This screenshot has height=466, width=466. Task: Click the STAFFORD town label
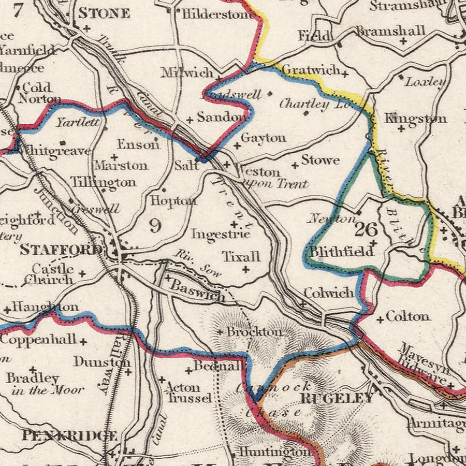(61, 250)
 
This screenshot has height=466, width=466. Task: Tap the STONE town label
(104, 13)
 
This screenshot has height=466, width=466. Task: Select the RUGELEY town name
(337, 398)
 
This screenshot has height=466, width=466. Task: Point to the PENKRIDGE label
(69, 436)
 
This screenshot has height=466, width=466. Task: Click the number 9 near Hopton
(154, 225)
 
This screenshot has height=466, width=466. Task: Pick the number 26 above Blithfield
(367, 228)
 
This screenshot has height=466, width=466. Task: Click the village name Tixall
(241, 256)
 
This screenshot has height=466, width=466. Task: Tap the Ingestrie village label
(221, 234)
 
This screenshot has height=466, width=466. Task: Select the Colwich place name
(329, 293)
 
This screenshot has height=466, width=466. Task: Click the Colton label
(407, 316)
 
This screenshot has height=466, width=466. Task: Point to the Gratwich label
(311, 69)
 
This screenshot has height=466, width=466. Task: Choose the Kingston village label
(415, 119)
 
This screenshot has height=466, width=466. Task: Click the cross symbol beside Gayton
(237, 147)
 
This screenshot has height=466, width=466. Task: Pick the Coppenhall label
(38, 340)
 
